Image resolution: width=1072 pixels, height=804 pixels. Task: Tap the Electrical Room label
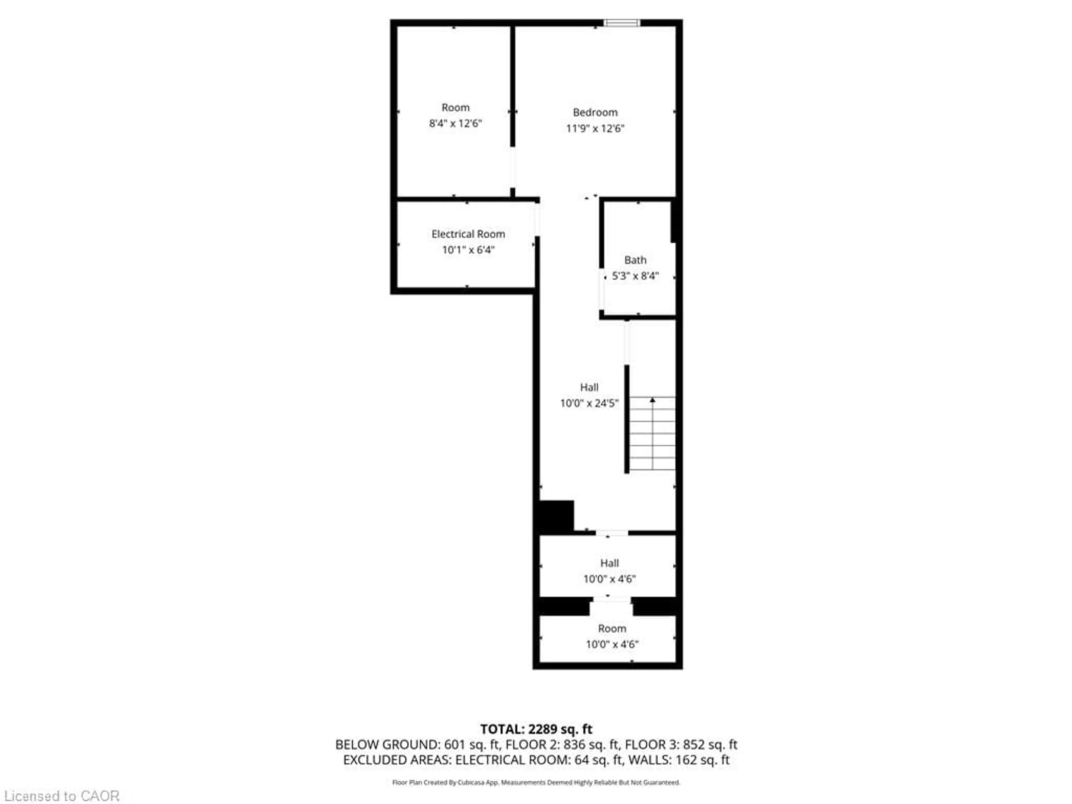pyautogui.click(x=468, y=234)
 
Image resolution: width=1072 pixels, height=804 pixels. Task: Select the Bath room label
pyautogui.click(x=635, y=260)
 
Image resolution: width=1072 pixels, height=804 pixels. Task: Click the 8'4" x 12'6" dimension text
pyautogui.click(x=455, y=124)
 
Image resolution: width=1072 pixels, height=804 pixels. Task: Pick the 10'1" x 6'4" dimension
pyautogui.click(x=468, y=250)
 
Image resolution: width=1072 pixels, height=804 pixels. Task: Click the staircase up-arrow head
pyautogui.click(x=652, y=400)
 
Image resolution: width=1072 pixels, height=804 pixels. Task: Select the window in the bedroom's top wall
pyautogui.click(x=621, y=23)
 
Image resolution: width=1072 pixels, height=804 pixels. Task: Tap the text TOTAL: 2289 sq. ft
pyautogui.click(x=536, y=729)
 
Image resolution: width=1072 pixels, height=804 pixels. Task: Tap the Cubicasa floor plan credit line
pyautogui.click(x=536, y=782)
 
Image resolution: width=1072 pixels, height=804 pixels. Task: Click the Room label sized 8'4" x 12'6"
pyautogui.click(x=455, y=107)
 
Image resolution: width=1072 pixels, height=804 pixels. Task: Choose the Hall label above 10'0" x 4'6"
pyautogui.click(x=609, y=563)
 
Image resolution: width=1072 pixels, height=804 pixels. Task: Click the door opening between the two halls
pyautogui.click(x=612, y=533)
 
